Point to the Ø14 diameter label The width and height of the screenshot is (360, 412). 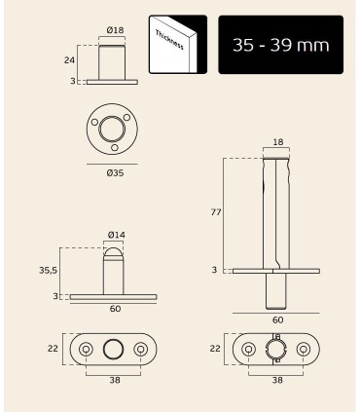pyautogui.click(x=114, y=235)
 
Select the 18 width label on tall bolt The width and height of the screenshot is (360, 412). pyautogui.click(x=277, y=141)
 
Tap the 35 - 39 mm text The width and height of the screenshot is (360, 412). pyautogui.click(x=274, y=46)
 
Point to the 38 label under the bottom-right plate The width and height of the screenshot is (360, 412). pyautogui.click(x=277, y=381)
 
